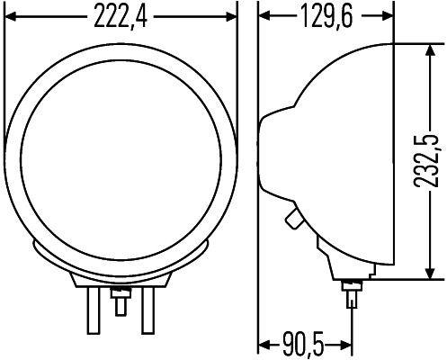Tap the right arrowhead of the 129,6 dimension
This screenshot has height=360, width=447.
(389, 15)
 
